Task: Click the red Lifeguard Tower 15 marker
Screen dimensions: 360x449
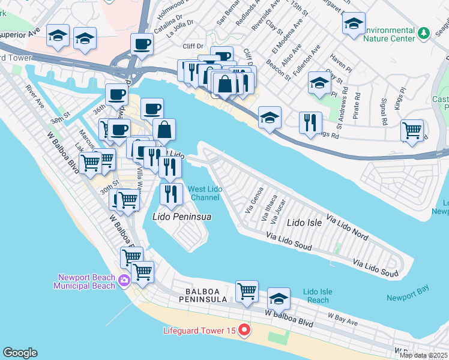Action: pyautogui.click(x=244, y=331)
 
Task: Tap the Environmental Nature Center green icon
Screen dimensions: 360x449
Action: pyautogui.click(x=424, y=32)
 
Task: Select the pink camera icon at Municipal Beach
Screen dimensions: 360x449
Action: pyautogui.click(x=124, y=280)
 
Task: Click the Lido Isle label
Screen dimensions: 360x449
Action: pyautogui.click(x=304, y=223)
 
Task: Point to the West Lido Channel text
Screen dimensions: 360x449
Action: pyautogui.click(x=204, y=193)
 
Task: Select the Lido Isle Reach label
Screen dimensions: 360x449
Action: pyautogui.click(x=317, y=295)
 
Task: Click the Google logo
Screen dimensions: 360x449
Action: pyautogui.click(x=20, y=353)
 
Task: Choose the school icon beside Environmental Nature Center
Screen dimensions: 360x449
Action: pyautogui.click(x=354, y=25)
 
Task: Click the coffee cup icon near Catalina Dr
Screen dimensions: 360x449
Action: pyautogui.click(x=142, y=44)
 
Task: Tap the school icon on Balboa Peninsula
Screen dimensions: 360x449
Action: pyautogui.click(x=279, y=298)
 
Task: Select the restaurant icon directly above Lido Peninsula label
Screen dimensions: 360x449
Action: pyautogui.click(x=172, y=194)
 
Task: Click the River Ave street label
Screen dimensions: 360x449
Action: pyautogui.click(x=35, y=97)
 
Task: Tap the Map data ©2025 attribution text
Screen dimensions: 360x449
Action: pyautogui.click(x=424, y=355)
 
